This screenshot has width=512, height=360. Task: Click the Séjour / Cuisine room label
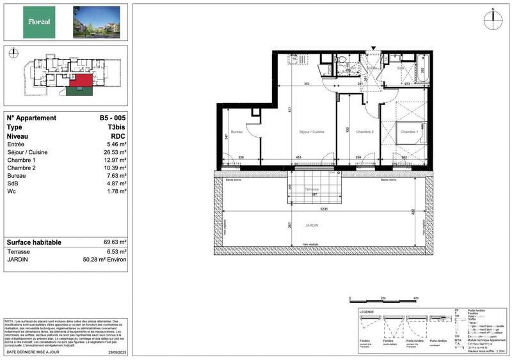tap(312, 132)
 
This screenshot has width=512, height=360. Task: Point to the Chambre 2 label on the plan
tap(364, 132)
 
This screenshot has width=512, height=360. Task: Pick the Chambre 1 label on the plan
tap(409, 132)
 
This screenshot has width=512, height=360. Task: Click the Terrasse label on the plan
tap(311, 189)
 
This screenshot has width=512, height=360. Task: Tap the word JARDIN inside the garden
tap(312, 224)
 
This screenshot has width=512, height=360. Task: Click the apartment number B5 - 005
tap(113, 118)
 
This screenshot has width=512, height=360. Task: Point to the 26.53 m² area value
tap(114, 153)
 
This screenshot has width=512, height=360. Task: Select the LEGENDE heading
tap(367, 311)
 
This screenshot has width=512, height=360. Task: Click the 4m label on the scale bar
tap(415, 298)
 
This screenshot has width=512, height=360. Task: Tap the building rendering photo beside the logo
tap(96, 22)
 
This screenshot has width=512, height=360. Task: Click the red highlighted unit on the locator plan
tap(81, 80)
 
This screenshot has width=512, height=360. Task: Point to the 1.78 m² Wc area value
tap(116, 191)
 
